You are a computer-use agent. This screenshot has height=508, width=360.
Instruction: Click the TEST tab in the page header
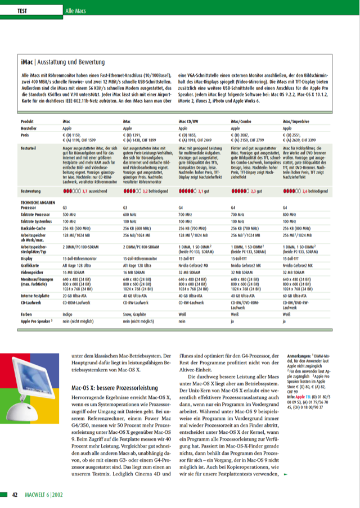pyautogui.click(x=22, y=11)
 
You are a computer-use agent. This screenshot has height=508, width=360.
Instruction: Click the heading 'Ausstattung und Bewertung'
pyautogui.click(x=71, y=62)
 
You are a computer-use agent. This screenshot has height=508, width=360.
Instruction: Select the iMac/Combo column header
pyautogui.click(x=242, y=121)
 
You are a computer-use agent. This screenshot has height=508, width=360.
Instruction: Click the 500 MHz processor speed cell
pyautogui.click(x=69, y=215)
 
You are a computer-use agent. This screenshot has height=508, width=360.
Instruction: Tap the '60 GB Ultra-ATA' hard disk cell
pyautogui.click(x=296, y=294)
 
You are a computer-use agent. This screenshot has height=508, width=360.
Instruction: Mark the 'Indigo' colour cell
pyautogui.click(x=68, y=315)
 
